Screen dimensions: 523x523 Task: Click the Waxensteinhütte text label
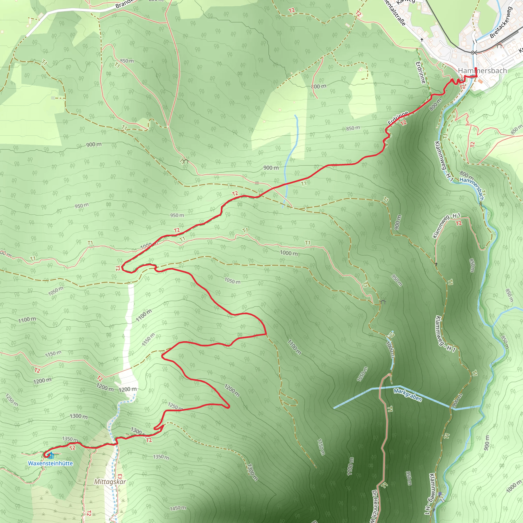coord(50,463)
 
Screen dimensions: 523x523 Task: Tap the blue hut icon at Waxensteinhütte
coord(51,456)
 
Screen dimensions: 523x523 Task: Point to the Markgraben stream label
coord(408,395)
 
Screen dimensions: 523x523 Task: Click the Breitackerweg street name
coord(501,22)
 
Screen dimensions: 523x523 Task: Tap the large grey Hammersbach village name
coord(482,71)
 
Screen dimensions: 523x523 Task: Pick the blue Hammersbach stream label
coord(472,189)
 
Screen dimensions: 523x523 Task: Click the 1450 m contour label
coord(178,508)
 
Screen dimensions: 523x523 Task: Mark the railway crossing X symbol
coord(474,52)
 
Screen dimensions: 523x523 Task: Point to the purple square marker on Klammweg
coord(440,494)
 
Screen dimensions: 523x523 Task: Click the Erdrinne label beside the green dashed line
coord(420,72)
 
